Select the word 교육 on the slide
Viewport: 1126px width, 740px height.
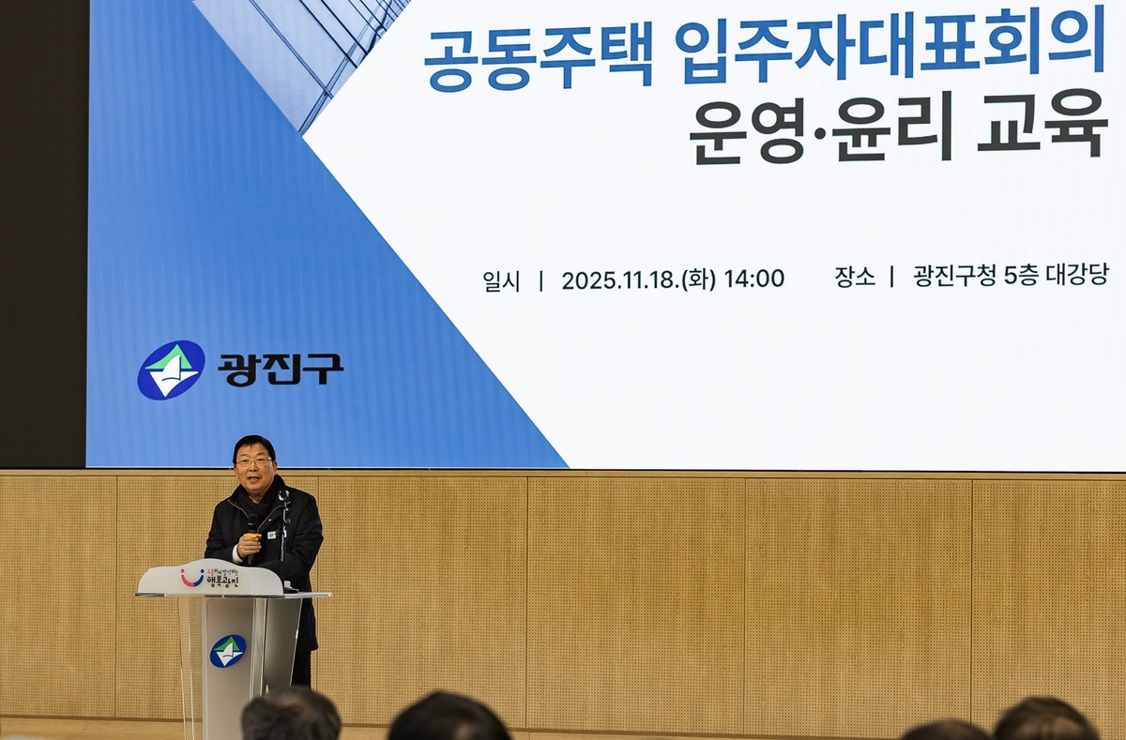click(x=1042, y=125)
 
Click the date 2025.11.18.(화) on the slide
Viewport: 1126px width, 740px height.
click(x=639, y=279)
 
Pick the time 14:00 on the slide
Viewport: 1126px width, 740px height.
click(x=753, y=279)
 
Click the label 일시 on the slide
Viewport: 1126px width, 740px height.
click(x=501, y=280)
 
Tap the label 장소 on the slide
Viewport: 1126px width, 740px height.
click(x=854, y=277)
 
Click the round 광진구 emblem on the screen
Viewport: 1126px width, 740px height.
click(x=171, y=370)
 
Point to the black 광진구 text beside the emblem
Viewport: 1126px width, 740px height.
click(x=281, y=369)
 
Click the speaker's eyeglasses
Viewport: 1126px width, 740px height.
click(x=253, y=462)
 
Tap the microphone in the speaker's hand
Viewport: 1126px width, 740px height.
click(x=252, y=526)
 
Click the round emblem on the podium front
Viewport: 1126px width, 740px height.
click(x=227, y=650)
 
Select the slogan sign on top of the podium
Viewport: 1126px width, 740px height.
click(x=210, y=578)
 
